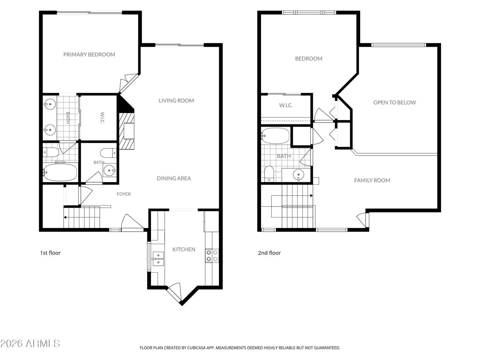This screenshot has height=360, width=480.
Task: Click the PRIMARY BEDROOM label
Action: tap(89, 54)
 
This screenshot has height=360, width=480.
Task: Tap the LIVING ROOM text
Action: tap(176, 100)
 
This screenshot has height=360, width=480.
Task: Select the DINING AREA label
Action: tap(174, 178)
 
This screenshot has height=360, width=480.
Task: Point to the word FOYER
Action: tap(124, 194)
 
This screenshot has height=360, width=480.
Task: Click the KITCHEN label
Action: tap(184, 249)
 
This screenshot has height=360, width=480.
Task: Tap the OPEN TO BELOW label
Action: tap(394, 103)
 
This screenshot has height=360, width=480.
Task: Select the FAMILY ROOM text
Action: tap(372, 180)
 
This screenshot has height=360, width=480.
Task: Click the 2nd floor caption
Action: tap(269, 253)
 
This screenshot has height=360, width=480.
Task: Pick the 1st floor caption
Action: tap(50, 253)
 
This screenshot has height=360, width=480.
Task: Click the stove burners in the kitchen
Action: tap(212, 256)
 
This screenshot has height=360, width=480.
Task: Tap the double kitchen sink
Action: tap(158, 259)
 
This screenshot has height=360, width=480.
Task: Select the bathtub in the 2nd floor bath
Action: tap(275, 136)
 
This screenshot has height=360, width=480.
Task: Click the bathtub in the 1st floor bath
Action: tap(60, 172)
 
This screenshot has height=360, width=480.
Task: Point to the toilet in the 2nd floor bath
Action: tap(269, 174)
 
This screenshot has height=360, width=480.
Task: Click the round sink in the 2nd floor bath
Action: tap(298, 175)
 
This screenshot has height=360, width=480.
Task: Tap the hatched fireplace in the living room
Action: tap(126, 131)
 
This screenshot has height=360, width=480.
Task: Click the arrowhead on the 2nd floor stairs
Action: tap(311, 196)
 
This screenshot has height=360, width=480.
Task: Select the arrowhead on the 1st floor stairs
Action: tap(65, 217)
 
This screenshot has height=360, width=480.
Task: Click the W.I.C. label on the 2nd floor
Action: tap(286, 105)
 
